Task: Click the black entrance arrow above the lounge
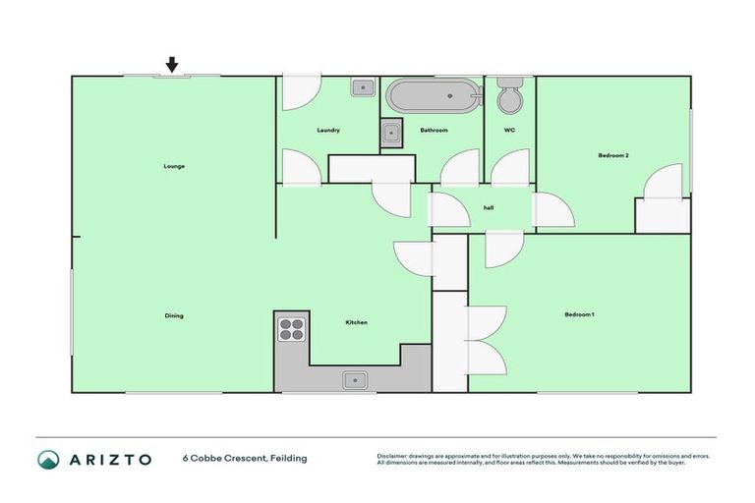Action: (172, 65)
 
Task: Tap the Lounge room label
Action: (174, 166)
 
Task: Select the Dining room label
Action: (174, 315)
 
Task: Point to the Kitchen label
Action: (356, 322)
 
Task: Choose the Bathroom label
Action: (434, 131)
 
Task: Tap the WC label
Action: (509, 131)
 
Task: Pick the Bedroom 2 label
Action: (613, 155)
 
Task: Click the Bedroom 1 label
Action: (579, 314)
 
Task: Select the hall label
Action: (488, 207)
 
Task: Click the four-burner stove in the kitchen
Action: (292, 328)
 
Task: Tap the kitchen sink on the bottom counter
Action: (355, 379)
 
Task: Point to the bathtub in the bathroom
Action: (433, 97)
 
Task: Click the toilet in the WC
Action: (510, 96)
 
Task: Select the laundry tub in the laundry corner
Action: (363, 87)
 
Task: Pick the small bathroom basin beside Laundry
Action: (391, 132)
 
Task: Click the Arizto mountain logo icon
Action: (49, 459)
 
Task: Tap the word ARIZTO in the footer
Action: (109, 459)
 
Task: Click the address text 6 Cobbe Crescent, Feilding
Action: (245, 459)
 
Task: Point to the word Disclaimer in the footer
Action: (392, 456)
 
